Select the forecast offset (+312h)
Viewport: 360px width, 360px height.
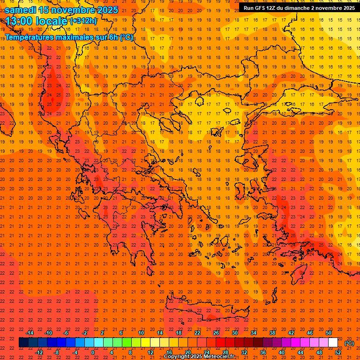(x=83, y=21)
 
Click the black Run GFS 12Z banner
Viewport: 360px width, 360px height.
(x=299, y=7)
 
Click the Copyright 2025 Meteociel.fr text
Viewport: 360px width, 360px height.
(x=199, y=357)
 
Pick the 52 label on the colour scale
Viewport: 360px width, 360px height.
(x=338, y=352)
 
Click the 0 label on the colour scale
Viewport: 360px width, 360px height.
(x=93, y=352)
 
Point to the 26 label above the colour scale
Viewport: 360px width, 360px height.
(x=216, y=333)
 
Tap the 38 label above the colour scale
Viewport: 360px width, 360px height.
(x=272, y=333)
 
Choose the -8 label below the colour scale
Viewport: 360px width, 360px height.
(x=57, y=352)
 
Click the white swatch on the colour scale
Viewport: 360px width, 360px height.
(x=333, y=343)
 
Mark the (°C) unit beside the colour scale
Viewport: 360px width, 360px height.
(x=349, y=343)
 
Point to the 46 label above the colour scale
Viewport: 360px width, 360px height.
(x=310, y=333)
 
